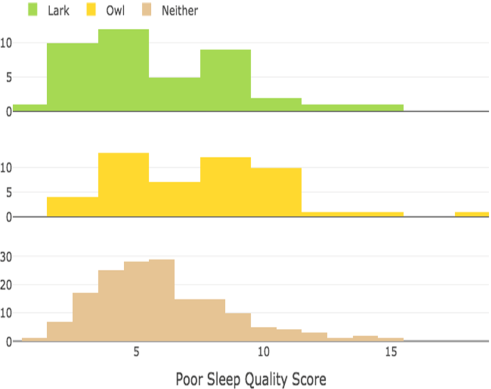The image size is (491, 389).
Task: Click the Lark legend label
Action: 58,11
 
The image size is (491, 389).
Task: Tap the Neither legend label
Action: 180,11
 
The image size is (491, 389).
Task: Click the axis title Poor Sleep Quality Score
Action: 251,379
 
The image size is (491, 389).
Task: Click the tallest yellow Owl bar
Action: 124,185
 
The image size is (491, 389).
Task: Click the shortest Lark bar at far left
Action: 30,108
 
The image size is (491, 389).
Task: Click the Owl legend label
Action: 115,11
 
